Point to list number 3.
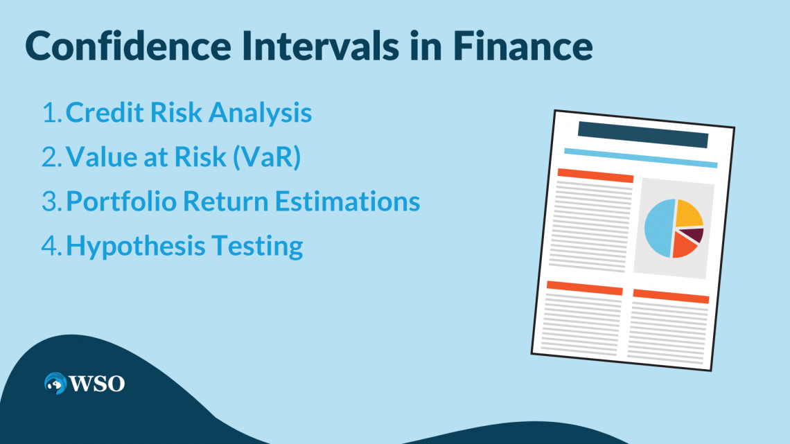point(50,202)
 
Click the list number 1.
point(50,113)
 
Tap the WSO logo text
point(96,383)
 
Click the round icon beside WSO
point(55,383)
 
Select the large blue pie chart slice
point(658,229)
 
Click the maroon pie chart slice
point(695,235)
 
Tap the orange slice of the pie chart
point(685,247)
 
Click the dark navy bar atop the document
point(642,135)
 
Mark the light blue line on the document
point(640,158)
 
